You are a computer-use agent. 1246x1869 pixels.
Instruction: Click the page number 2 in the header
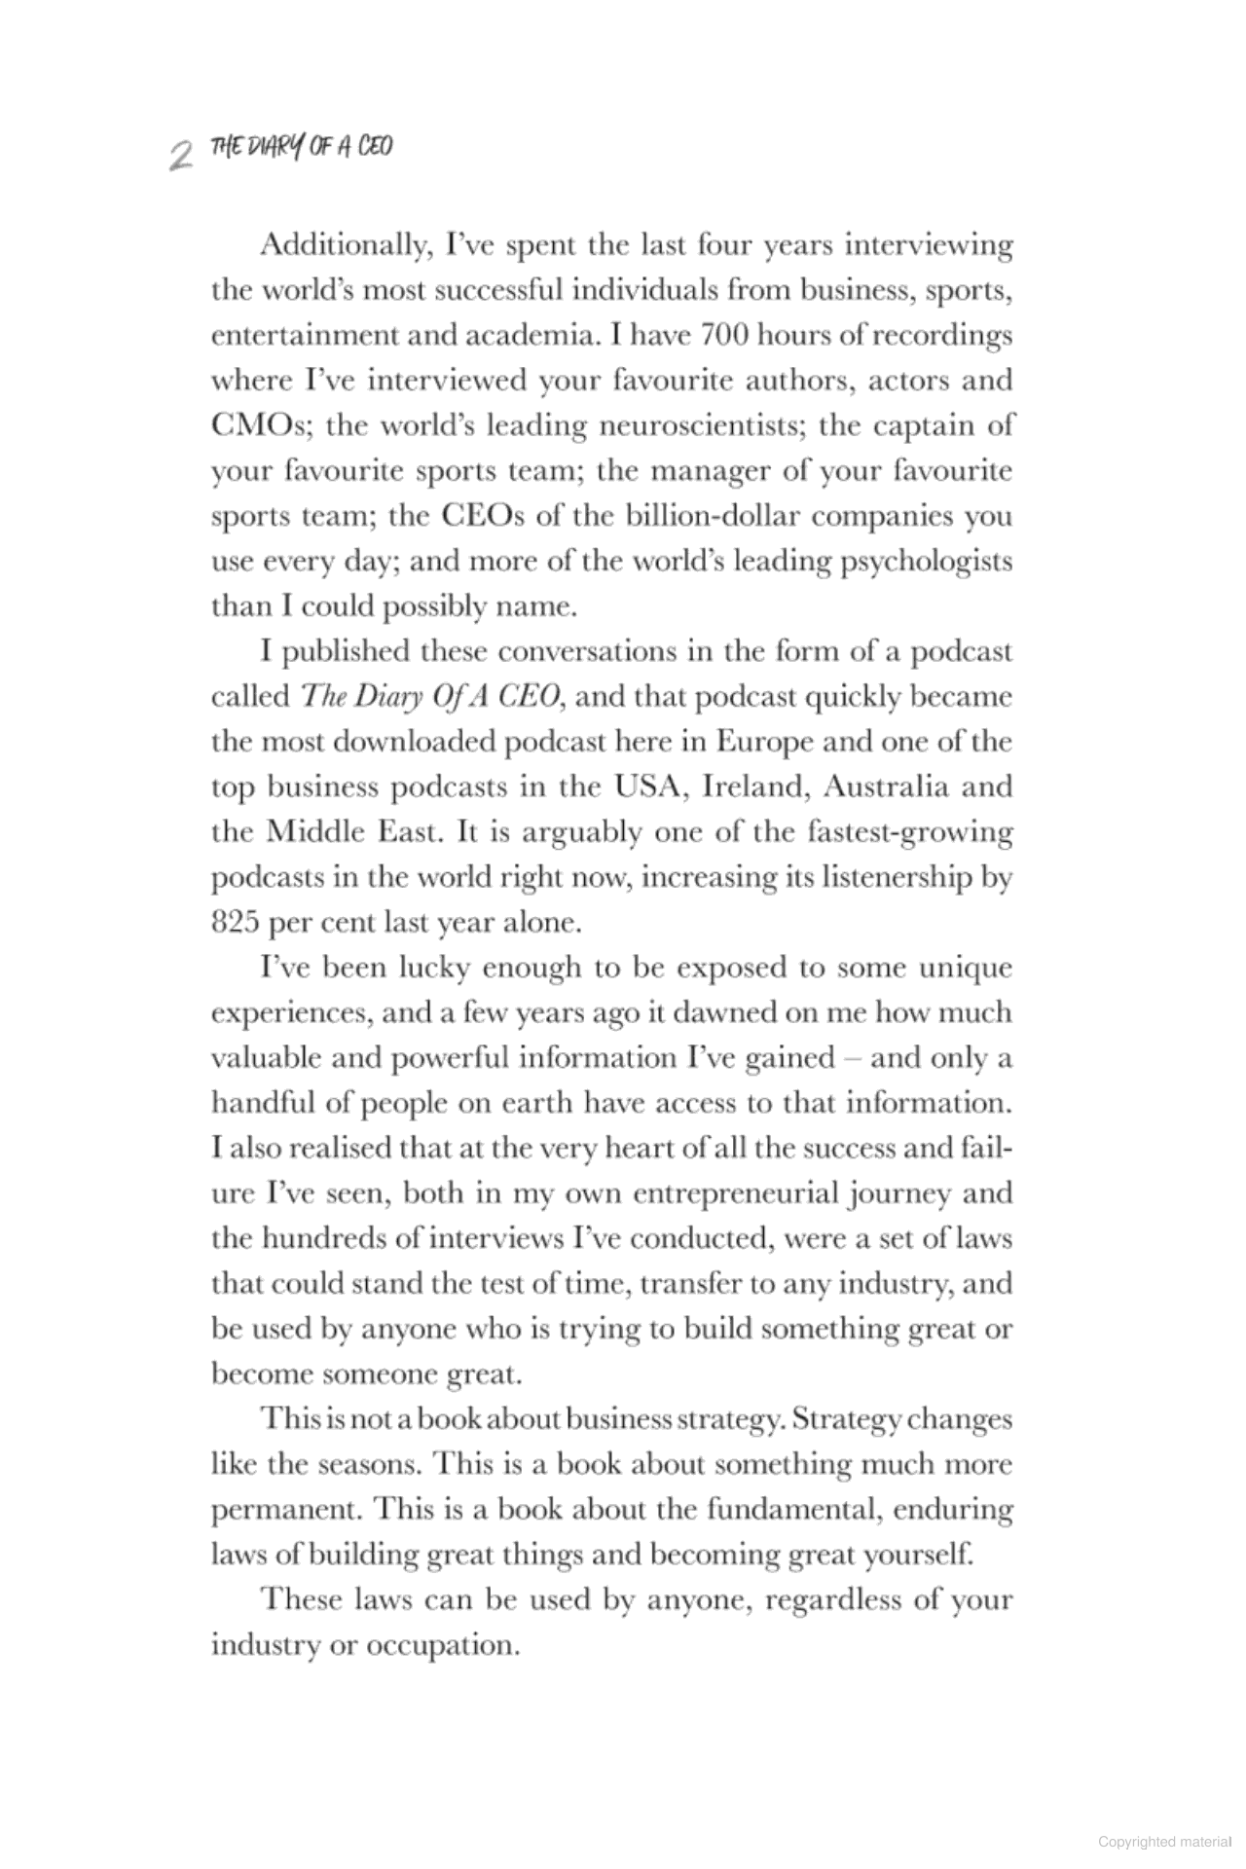[178, 153]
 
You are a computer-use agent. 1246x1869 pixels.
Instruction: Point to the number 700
[716, 335]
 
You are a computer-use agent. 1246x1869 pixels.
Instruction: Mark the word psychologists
[927, 562]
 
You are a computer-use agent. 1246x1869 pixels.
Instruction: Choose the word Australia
[887, 787]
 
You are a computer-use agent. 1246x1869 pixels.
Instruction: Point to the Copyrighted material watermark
[1165, 1842]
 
